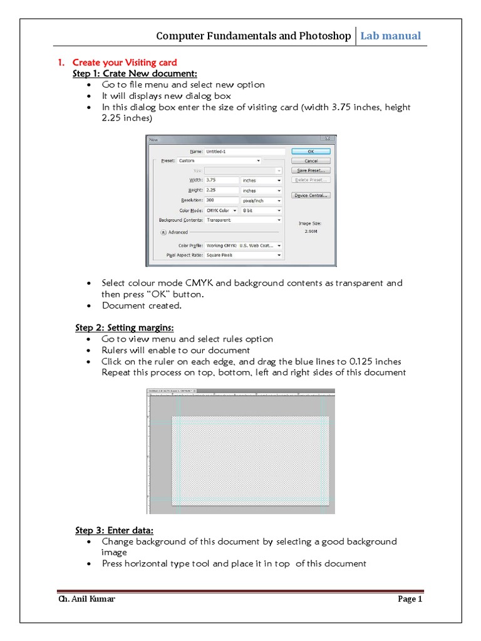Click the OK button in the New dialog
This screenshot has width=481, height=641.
(x=311, y=151)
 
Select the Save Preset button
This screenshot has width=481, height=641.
(x=311, y=170)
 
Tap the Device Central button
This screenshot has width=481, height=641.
(x=311, y=195)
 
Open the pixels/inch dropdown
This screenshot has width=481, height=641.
(x=261, y=200)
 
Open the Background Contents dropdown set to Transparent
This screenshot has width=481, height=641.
(x=243, y=220)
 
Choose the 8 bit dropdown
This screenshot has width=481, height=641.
(x=261, y=211)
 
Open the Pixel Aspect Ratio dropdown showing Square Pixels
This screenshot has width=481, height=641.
(x=243, y=255)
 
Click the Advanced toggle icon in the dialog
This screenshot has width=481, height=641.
(x=163, y=232)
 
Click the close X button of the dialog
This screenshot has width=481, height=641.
(x=326, y=140)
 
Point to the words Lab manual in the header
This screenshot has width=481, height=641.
(x=390, y=36)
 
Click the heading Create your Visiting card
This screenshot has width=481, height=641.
(x=124, y=63)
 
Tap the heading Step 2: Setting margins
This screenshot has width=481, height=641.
(x=124, y=327)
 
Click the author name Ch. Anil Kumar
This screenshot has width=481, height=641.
(x=86, y=599)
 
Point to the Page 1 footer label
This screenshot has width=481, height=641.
(x=410, y=599)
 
